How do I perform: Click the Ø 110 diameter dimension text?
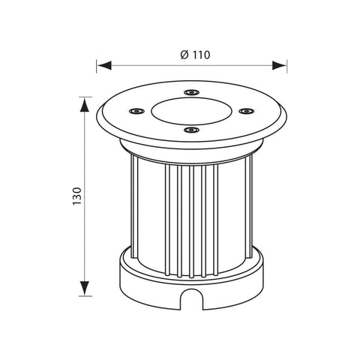tap(195, 55)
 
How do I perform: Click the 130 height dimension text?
tap(77, 196)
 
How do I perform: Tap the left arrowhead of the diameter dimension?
tap(104, 65)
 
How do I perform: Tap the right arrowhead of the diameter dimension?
tap(279, 65)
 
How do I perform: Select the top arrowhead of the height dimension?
tap(85, 105)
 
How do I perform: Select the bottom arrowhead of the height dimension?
tap(85, 288)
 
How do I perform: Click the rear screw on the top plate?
tap(192, 92)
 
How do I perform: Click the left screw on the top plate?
tap(136, 110)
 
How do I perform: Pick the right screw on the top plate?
tap(246, 110)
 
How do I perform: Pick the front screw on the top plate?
tap(191, 130)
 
